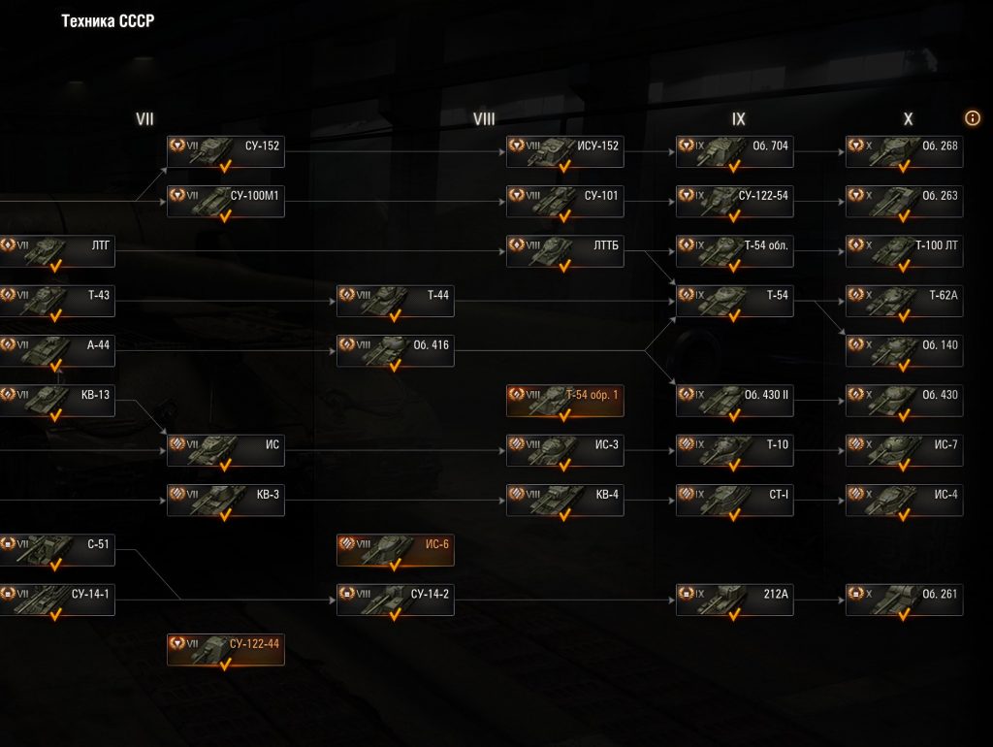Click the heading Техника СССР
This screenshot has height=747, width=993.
(x=108, y=21)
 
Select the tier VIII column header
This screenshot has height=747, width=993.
(x=484, y=119)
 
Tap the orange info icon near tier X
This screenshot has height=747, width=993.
(x=973, y=117)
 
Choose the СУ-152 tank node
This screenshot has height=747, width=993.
(x=225, y=151)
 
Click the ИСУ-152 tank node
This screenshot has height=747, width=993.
(x=564, y=151)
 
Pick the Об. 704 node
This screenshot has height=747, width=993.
(x=734, y=151)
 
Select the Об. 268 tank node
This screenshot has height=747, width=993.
(x=904, y=151)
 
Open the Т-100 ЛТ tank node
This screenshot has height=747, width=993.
(x=904, y=251)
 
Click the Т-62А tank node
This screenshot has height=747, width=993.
(x=904, y=301)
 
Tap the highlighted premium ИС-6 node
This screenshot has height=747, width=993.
(x=395, y=550)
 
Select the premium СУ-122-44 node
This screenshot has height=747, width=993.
(x=225, y=649)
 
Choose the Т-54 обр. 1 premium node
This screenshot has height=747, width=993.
(x=564, y=400)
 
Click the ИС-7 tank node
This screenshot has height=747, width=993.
(x=904, y=450)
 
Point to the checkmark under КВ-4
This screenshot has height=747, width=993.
(x=563, y=515)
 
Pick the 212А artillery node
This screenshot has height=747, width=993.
(x=734, y=600)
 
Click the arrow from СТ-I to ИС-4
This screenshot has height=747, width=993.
(x=819, y=501)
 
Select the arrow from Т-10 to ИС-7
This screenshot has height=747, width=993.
(x=819, y=450)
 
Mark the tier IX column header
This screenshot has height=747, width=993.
(x=739, y=119)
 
